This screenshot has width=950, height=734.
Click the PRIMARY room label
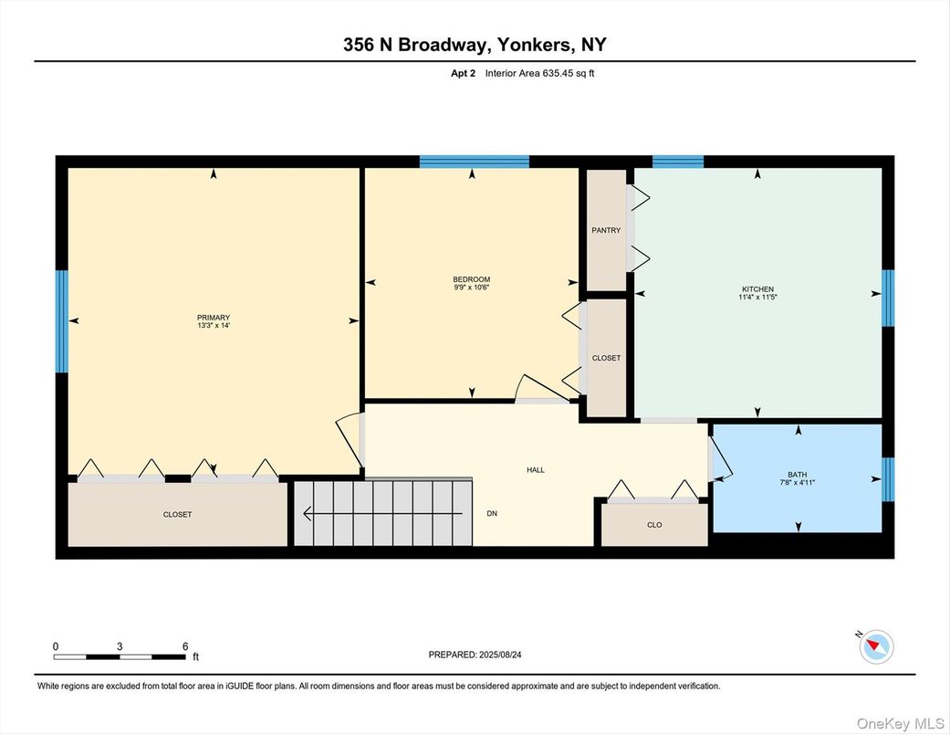(214, 318)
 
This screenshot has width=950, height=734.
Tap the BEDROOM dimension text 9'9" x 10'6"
(472, 288)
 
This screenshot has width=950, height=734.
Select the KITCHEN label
(757, 288)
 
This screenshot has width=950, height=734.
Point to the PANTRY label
(606, 230)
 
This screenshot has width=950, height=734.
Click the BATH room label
(798, 474)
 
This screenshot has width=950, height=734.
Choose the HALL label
(536, 469)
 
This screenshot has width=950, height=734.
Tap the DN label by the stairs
(492, 514)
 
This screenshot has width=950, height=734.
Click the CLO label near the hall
(654, 525)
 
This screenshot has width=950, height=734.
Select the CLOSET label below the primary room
(177, 515)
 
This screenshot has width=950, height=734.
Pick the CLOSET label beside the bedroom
(606, 358)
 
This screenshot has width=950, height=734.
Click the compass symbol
(876, 646)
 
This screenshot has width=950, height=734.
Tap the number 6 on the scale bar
(185, 646)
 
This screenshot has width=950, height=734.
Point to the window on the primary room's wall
(62, 321)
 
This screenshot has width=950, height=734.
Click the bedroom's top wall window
(475, 163)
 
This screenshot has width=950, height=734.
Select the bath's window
(888, 480)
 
